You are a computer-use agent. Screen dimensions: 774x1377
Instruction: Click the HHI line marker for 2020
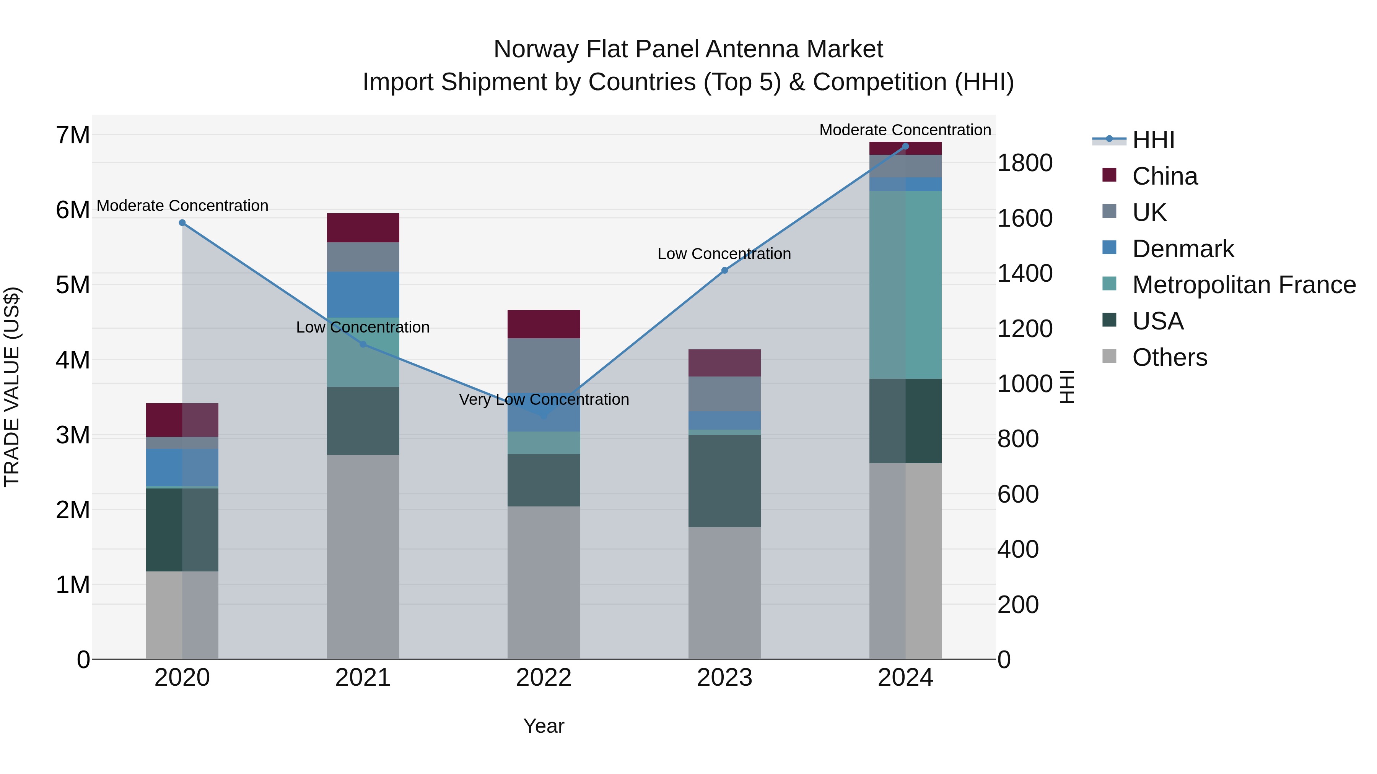click(182, 223)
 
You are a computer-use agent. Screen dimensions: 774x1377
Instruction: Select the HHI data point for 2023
click(724, 270)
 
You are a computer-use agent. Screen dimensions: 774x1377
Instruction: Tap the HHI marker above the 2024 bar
click(905, 146)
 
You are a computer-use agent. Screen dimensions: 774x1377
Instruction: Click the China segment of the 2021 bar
click(363, 228)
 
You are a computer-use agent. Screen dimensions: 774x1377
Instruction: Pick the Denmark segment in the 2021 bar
click(363, 294)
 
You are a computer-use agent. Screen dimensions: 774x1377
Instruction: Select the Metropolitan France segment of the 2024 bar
click(905, 285)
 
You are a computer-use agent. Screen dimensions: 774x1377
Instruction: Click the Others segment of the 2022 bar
click(544, 582)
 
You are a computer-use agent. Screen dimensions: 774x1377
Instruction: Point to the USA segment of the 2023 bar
click(724, 481)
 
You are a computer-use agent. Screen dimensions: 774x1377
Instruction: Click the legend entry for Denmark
click(1182, 249)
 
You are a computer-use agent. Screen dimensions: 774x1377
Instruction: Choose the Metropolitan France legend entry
click(1244, 285)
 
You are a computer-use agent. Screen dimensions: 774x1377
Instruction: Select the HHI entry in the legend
click(1153, 140)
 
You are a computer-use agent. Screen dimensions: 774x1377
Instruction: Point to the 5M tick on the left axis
click(73, 285)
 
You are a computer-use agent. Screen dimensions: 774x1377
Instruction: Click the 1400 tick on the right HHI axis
click(1025, 274)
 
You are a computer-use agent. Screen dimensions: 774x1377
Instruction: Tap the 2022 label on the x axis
click(544, 678)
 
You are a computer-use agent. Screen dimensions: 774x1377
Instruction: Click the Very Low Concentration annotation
click(544, 399)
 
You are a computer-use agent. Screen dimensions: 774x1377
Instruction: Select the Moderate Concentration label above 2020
click(182, 206)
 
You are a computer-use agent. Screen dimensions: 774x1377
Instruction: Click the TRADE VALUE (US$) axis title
click(12, 387)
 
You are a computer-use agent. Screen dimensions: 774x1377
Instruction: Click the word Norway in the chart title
click(535, 49)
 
